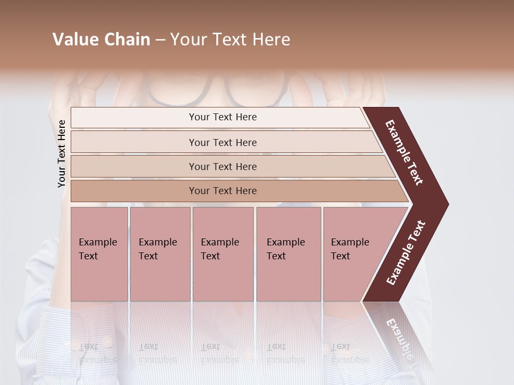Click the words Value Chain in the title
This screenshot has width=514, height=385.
coord(101,40)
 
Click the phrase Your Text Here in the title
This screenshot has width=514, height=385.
coord(230,40)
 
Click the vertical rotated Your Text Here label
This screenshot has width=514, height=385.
coord(62,153)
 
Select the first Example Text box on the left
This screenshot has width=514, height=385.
coord(99,254)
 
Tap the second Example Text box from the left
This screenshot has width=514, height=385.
coord(160,254)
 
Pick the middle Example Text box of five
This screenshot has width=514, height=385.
coord(223,254)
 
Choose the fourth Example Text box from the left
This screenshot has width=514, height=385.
coord(288,254)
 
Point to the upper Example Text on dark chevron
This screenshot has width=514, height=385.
coord(405,152)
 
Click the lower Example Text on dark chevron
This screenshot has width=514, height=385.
coord(406,252)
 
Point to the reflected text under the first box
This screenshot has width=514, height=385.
coord(97,353)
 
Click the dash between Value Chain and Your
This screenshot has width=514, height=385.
coord(160,40)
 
